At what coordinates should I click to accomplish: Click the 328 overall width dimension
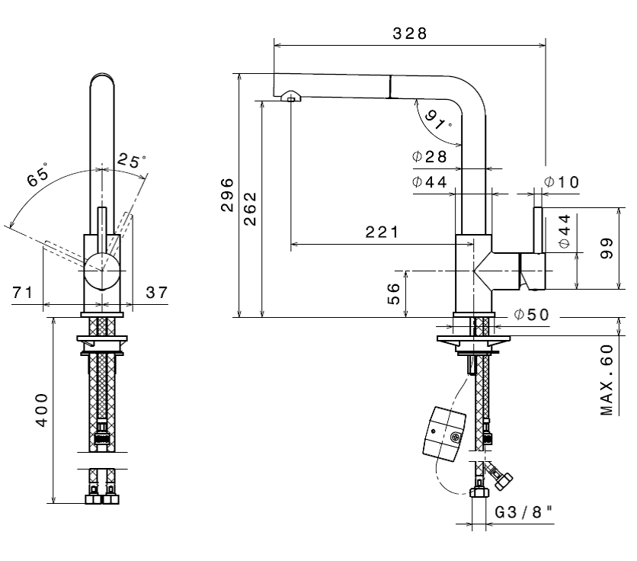pos(409,34)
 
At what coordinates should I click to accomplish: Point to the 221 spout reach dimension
pos(380,233)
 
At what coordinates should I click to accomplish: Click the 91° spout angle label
pos(437,120)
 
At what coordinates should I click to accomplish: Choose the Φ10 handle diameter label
pos(562,181)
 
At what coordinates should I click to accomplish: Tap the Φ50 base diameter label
pos(530,315)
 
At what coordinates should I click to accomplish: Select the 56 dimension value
pos(393,293)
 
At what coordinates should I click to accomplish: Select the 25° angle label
pos(130,161)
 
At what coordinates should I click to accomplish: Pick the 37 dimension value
pos(156,292)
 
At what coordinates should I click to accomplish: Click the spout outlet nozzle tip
pos(291,96)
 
